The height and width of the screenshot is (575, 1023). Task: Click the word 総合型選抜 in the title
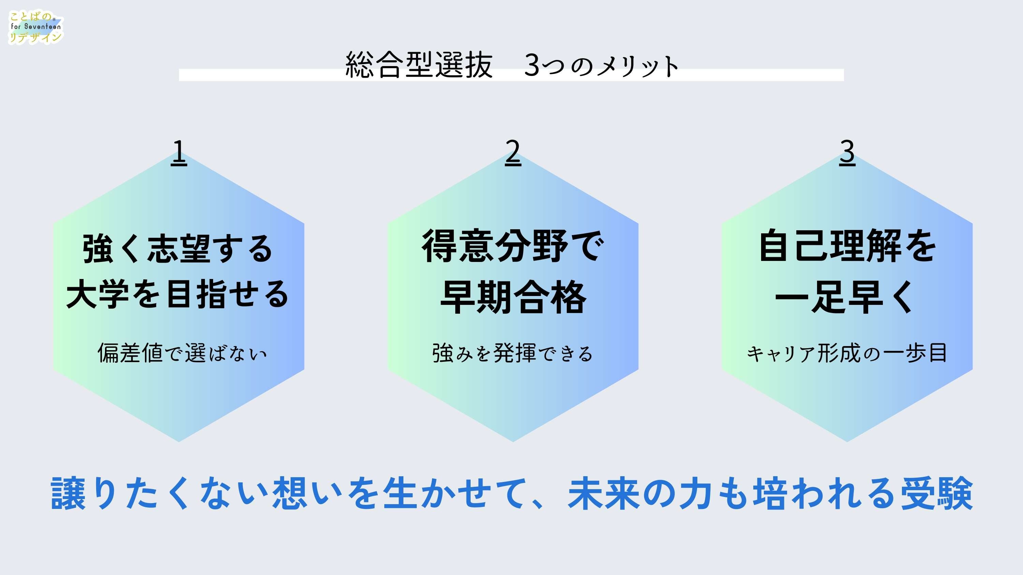(x=419, y=65)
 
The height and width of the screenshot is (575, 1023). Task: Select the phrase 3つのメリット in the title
(x=601, y=65)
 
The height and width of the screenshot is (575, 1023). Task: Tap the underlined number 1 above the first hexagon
(x=179, y=152)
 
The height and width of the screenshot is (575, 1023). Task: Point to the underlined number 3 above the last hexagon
(x=847, y=152)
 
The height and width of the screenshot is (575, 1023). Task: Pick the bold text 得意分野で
(x=513, y=246)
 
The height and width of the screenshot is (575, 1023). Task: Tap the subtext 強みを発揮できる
(x=512, y=353)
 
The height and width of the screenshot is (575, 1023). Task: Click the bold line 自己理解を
(x=847, y=246)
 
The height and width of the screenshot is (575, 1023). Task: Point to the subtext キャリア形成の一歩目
(x=847, y=353)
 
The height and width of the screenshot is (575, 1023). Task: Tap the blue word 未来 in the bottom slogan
(x=604, y=494)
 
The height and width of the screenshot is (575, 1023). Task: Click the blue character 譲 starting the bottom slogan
(x=68, y=494)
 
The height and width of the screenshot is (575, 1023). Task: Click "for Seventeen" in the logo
(x=36, y=27)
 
